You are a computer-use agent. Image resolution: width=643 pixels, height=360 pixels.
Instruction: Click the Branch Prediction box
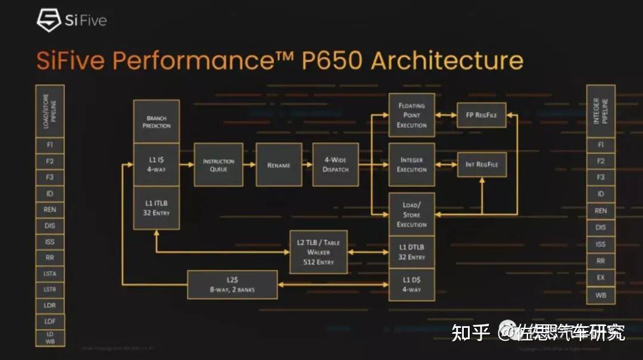157,121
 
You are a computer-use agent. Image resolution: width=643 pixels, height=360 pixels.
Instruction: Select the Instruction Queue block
219,165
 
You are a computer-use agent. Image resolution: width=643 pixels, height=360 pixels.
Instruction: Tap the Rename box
279,165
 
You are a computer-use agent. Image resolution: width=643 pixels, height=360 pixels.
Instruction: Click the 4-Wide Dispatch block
336,165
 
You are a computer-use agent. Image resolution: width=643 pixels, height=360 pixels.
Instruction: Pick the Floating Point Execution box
412,115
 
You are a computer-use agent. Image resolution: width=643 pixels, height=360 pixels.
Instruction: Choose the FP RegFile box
482,115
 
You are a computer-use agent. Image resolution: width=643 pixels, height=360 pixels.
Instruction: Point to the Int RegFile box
482,164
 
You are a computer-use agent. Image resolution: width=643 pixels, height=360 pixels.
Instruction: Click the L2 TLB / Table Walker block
319,252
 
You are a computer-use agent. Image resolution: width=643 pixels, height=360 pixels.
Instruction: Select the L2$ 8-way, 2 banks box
232,285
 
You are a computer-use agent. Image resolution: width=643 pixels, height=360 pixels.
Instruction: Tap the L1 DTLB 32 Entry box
412,252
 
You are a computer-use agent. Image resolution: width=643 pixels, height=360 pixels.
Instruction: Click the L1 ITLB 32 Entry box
157,208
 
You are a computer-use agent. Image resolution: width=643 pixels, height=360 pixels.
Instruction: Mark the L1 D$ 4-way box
412,284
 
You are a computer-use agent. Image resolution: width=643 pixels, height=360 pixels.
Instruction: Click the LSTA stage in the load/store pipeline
50,274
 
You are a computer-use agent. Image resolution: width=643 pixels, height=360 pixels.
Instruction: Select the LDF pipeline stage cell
50,322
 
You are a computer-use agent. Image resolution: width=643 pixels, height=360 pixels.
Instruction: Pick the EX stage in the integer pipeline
601,277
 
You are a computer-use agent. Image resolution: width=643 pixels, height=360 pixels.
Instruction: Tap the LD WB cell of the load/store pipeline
50,338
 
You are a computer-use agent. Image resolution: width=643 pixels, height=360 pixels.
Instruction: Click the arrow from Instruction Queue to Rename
249,165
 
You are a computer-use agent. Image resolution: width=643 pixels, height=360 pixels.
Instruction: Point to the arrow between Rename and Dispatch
307,165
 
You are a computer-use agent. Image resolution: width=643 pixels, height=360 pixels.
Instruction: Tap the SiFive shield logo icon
49,20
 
